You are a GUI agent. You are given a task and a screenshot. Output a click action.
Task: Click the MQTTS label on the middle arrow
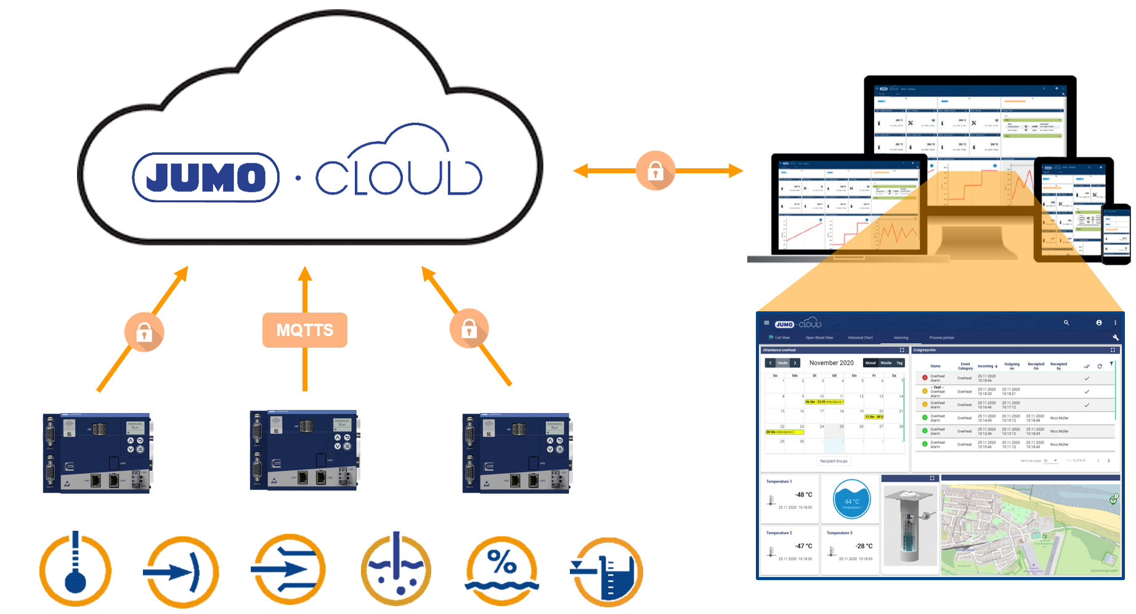point(305,330)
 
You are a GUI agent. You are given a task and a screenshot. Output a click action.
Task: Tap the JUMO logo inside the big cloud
point(206,178)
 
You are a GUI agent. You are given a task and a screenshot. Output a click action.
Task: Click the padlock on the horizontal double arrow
point(655,171)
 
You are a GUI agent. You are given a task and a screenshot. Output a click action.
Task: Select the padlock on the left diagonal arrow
point(144,332)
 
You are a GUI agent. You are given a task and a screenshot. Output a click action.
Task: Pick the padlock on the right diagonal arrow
point(469,329)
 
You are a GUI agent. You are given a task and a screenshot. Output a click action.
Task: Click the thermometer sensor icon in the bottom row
point(75,570)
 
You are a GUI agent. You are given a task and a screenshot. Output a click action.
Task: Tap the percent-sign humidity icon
point(502,571)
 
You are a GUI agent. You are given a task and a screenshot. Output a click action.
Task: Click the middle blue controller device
point(304,451)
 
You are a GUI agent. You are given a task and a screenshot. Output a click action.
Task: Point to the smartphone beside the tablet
point(1116,234)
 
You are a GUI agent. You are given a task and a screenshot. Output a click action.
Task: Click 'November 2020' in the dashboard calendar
point(831,363)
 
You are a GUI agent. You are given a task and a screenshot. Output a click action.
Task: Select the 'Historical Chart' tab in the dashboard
point(860,338)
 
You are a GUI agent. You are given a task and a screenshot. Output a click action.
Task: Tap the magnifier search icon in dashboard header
point(1066,322)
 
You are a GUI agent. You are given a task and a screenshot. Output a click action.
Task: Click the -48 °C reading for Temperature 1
point(803,494)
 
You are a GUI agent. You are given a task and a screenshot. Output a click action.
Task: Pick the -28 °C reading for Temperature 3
point(864,546)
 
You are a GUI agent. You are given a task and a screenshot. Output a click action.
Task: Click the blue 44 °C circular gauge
point(851,500)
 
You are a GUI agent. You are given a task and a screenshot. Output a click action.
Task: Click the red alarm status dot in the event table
point(925,378)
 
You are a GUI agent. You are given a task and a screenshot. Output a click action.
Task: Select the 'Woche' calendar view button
point(886,363)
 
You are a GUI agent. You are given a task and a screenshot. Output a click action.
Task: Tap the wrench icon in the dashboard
point(1116,338)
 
